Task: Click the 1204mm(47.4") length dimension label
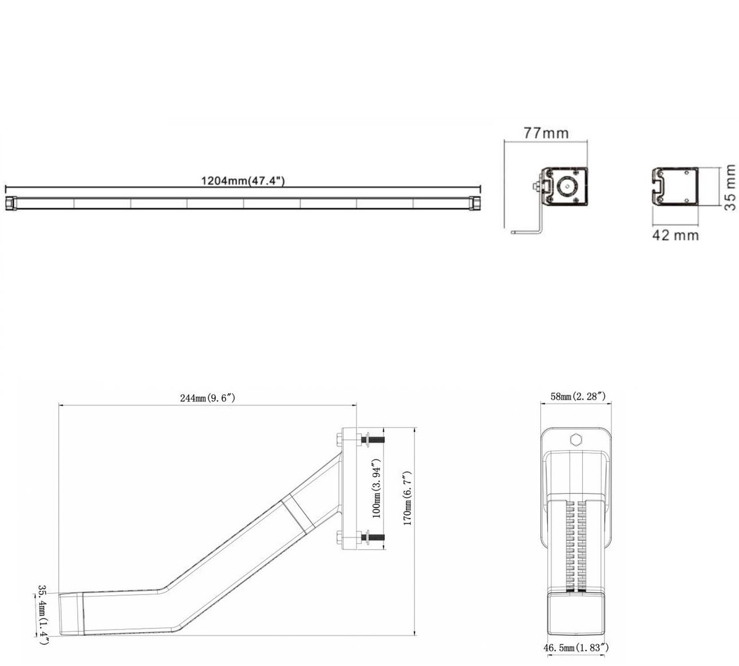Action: coord(243,181)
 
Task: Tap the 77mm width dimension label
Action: coord(547,133)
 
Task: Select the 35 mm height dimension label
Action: coord(730,187)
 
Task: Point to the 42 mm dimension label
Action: coord(675,234)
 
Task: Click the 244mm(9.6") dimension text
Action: coord(207,398)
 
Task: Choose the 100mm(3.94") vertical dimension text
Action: coord(377,488)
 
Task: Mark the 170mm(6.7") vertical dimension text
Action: coord(408,498)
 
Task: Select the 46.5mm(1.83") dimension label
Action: coord(576,648)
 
